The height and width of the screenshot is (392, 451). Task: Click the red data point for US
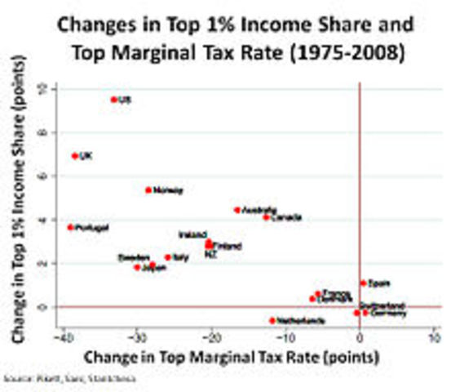[x=113, y=100]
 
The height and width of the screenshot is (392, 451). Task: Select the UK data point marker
[x=75, y=155]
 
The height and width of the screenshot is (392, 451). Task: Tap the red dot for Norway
[x=148, y=190]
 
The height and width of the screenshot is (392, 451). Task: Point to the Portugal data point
[x=70, y=228]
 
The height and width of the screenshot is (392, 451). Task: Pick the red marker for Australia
[x=237, y=210]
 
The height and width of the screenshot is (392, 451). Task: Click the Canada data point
[x=266, y=217]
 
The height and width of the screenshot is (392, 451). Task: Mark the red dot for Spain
[x=364, y=283]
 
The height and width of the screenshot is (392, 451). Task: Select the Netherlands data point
[x=272, y=320]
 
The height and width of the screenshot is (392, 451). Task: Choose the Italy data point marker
[x=168, y=257]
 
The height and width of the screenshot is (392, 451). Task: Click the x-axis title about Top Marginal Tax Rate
[x=237, y=358]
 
